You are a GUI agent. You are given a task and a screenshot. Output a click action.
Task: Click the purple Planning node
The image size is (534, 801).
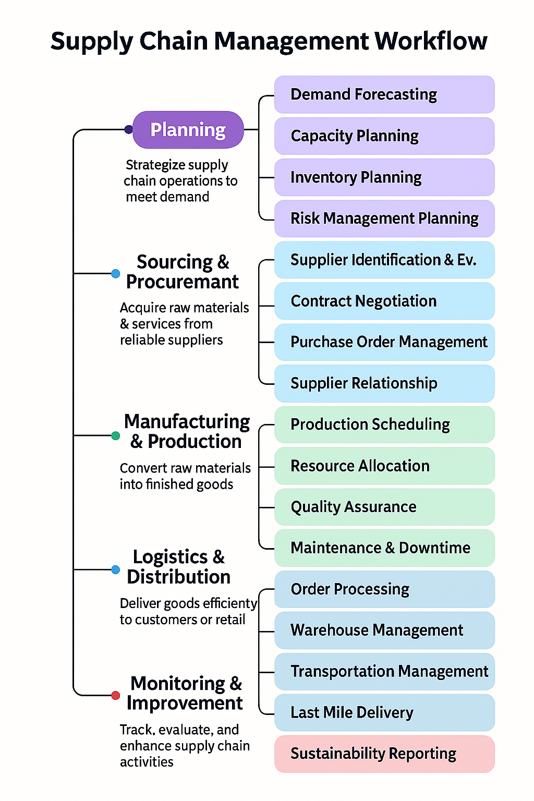(188, 130)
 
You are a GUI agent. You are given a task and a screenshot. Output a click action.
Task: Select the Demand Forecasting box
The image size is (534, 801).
(384, 94)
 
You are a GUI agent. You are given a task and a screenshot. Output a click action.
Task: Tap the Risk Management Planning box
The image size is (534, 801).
(384, 219)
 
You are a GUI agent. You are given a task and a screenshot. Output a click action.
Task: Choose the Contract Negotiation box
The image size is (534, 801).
(384, 301)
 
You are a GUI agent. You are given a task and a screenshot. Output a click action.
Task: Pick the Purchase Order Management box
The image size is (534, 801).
(384, 342)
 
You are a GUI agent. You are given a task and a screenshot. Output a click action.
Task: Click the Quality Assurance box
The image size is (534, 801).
(384, 507)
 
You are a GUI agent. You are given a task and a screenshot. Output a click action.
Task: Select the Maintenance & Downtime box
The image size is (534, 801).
(384, 548)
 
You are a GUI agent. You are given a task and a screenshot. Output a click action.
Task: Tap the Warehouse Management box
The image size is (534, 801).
(384, 630)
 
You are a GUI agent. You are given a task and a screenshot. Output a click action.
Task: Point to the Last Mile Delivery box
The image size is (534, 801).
(384, 712)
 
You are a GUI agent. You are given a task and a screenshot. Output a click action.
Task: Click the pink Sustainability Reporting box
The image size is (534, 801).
(384, 754)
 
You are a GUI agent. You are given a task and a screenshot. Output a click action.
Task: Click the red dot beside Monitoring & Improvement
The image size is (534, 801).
(116, 695)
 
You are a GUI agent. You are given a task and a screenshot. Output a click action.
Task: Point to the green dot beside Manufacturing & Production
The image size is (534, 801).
(116, 435)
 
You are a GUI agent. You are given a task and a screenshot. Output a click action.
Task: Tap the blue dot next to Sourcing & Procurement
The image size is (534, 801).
(116, 273)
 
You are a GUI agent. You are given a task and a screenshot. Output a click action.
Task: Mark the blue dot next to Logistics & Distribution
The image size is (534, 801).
(116, 569)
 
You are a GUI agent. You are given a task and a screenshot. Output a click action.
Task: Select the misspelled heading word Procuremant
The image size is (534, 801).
(183, 282)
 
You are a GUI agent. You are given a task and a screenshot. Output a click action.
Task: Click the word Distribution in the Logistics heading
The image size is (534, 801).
(179, 577)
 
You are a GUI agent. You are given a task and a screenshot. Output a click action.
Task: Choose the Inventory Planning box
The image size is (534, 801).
(384, 177)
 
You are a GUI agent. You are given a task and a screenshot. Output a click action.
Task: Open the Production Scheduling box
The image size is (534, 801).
(384, 424)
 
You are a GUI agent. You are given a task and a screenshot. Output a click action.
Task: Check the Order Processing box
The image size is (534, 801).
(384, 589)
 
